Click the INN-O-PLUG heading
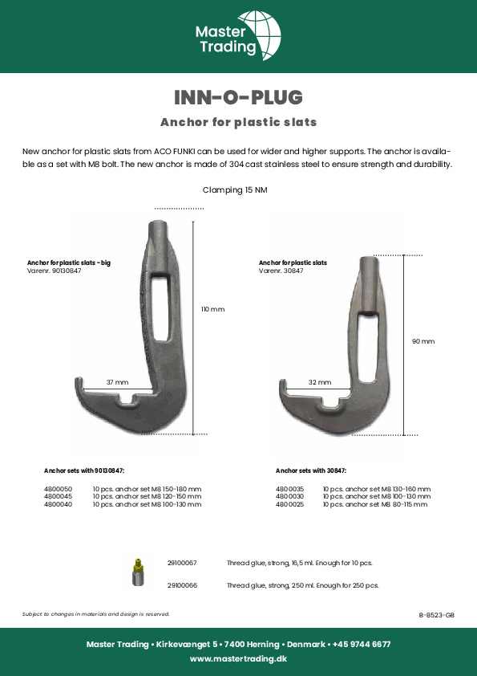tap(238, 98)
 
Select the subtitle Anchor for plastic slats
tap(238, 123)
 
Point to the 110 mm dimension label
tap(212, 308)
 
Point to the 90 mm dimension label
tap(423, 341)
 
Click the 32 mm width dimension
tap(319, 382)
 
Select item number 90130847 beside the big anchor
tap(66, 271)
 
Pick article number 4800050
tap(58, 488)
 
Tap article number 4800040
tap(58, 504)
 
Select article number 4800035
tap(289, 488)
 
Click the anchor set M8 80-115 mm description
tap(375, 504)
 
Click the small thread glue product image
tap(137, 572)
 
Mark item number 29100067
tap(182, 563)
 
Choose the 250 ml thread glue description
tap(302, 585)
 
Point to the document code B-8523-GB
tap(436, 615)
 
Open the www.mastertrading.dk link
tap(238, 658)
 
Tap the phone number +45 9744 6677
tap(362, 644)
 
